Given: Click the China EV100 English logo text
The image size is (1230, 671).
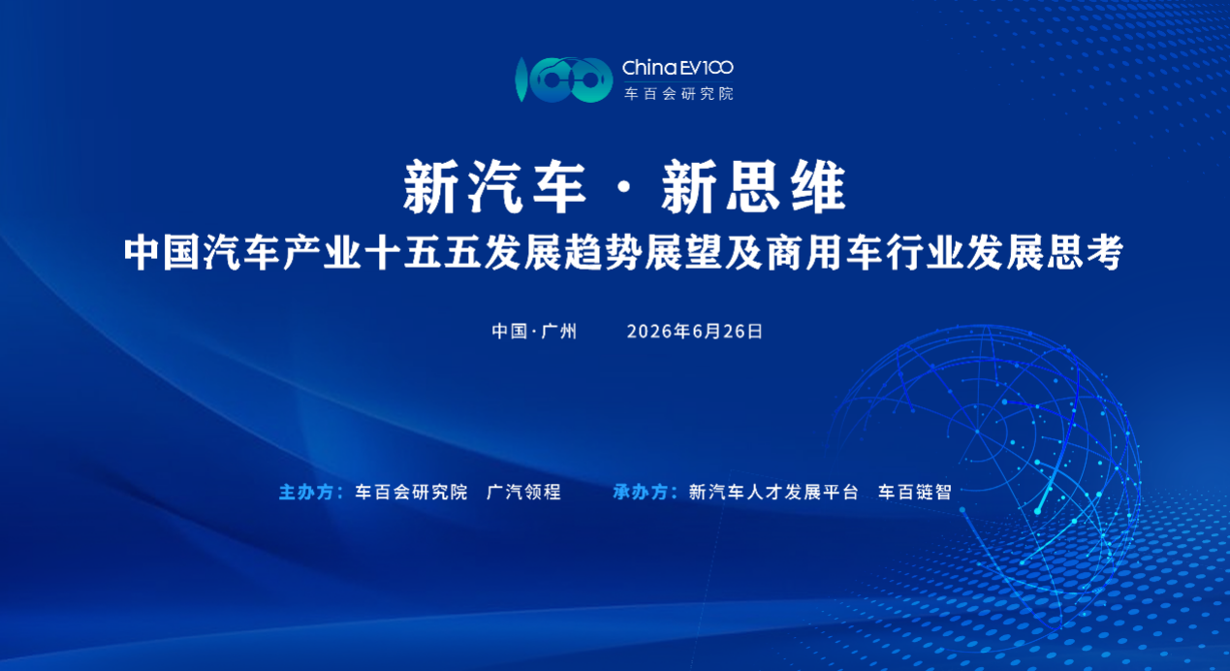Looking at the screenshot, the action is click(678, 68).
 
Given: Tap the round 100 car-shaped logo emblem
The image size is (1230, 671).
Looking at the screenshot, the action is click(563, 80).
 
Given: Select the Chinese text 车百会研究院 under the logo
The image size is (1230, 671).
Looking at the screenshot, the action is click(678, 93).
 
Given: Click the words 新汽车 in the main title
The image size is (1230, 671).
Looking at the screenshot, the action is click(495, 187).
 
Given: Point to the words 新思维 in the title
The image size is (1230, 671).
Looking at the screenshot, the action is click(753, 187).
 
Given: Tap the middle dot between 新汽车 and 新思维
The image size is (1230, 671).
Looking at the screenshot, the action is click(624, 188).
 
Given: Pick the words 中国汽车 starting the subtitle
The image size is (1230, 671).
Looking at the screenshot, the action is click(202, 253).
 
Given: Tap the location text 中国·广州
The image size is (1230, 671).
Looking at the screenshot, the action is click(534, 332).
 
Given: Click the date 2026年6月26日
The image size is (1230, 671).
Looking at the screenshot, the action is click(695, 332).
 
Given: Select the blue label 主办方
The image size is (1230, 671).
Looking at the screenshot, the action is click(306, 492).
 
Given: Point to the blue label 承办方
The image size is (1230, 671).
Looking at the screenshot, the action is click(641, 492).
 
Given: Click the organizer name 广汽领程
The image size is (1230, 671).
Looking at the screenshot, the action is click(523, 492).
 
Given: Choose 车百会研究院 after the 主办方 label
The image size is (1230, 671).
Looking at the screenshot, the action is click(411, 492).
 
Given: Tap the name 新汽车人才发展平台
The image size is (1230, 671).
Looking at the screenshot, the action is click(773, 492).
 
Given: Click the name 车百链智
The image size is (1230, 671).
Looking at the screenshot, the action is click(915, 492).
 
